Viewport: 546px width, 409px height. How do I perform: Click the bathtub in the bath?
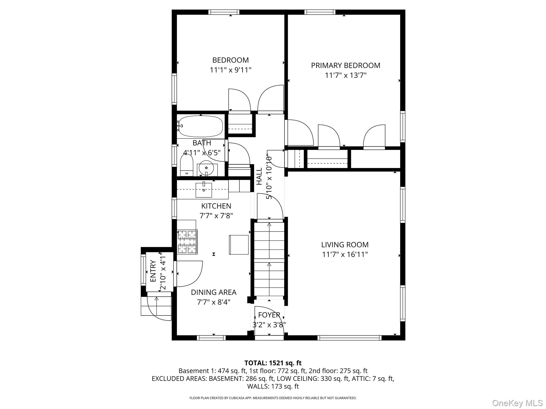click(200, 126)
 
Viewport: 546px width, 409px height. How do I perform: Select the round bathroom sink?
click(206, 168)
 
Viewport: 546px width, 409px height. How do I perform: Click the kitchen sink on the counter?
click(204, 190)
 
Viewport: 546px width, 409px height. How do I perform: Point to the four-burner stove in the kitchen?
click(187, 242)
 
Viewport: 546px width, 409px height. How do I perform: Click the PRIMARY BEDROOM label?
click(346, 66)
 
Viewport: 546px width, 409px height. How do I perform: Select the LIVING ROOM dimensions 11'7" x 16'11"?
click(345, 255)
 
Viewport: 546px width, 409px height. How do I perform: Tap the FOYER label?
click(269, 315)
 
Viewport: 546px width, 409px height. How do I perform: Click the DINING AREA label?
click(214, 292)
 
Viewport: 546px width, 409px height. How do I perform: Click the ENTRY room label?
click(153, 271)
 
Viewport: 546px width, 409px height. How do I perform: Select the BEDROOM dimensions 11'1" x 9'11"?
click(230, 70)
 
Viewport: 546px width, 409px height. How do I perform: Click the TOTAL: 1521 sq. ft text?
click(273, 363)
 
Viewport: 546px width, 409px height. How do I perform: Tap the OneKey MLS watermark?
click(517, 403)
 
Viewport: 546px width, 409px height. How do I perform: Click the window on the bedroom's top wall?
click(224, 12)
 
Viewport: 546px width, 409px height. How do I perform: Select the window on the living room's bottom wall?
click(349, 338)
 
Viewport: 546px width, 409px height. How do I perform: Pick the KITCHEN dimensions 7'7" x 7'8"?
click(216, 216)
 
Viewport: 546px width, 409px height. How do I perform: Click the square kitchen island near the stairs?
click(239, 245)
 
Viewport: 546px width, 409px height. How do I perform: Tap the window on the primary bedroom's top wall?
click(320, 12)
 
